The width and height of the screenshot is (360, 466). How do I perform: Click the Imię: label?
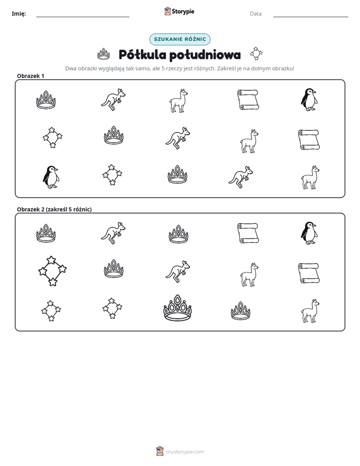tap(19, 14)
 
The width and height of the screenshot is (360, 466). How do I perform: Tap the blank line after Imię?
tap(83, 17)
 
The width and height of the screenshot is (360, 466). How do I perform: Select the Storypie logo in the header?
tap(179, 11)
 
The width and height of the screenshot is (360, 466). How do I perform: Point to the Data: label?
tap(256, 14)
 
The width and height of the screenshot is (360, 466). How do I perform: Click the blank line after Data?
tap(311, 17)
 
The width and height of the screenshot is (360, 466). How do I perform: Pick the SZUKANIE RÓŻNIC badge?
tap(180, 39)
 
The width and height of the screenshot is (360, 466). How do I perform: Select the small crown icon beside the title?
tap(104, 54)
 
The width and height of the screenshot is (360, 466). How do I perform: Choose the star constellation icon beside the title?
tap(256, 53)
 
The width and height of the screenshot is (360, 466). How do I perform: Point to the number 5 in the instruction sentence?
tap(163, 69)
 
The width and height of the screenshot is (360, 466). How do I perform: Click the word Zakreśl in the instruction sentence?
tap(226, 69)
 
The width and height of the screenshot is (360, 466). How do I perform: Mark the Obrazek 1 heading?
tap(31, 76)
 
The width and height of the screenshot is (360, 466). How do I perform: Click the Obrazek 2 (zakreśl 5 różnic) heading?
tap(54, 209)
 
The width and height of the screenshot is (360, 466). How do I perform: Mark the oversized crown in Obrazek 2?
tap(177, 308)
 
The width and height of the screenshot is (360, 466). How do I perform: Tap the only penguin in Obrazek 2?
tap(309, 233)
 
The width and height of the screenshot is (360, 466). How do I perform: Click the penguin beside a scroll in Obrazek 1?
tap(309, 99)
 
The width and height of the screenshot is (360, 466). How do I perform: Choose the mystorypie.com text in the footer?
tap(185, 452)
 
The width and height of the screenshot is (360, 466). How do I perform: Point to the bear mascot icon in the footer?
tap(160, 451)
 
